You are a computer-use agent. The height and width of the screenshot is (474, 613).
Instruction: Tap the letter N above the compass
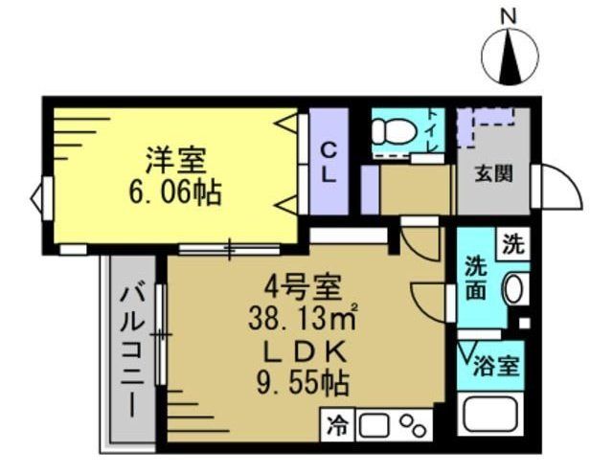[x=510, y=16]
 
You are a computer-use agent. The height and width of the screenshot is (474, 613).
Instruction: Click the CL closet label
[x=328, y=165]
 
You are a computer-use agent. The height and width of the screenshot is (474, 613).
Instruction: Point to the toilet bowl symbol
[x=392, y=128]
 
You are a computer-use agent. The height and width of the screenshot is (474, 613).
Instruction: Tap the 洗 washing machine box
[x=513, y=243]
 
